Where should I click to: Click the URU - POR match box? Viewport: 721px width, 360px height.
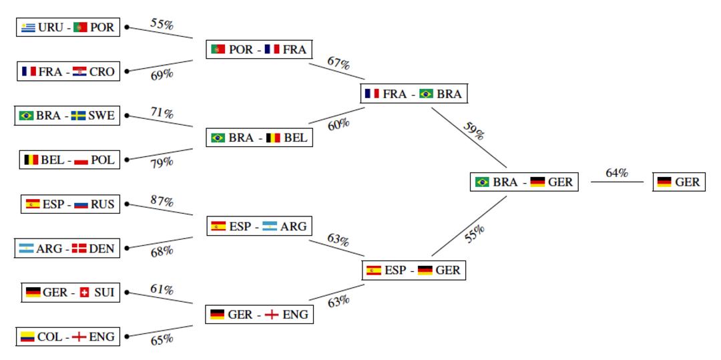(x=68, y=27)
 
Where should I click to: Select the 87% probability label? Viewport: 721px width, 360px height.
(x=162, y=201)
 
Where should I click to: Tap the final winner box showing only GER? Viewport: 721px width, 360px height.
(x=679, y=182)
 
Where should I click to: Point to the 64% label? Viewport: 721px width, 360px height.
(x=617, y=173)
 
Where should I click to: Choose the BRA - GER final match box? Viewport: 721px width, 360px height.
(x=524, y=182)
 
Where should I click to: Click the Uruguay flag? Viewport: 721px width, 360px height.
(x=28, y=27)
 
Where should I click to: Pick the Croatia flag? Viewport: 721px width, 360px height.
(x=79, y=71)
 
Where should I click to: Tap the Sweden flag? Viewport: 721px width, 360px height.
(x=78, y=116)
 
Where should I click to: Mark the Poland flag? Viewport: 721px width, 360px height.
(x=81, y=160)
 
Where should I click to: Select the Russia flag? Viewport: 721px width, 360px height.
(x=81, y=204)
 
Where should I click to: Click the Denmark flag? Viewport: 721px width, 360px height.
(x=79, y=248)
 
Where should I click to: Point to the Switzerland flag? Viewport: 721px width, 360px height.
(x=84, y=293)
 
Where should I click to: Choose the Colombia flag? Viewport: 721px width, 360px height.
(x=27, y=337)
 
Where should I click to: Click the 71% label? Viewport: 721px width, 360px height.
(x=162, y=113)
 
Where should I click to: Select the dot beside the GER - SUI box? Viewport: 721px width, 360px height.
(x=127, y=293)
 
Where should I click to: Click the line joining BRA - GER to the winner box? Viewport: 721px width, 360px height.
(x=617, y=182)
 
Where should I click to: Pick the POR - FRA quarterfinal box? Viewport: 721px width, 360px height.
(x=259, y=49)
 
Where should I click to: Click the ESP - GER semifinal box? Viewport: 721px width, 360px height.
(x=414, y=271)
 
